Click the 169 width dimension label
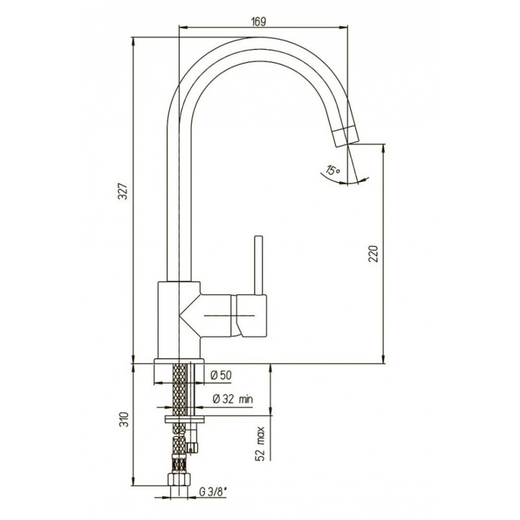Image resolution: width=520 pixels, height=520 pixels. tap(259, 21)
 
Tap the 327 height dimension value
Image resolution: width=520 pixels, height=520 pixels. tap(123, 191)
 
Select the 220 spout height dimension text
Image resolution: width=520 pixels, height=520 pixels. tap(373, 253)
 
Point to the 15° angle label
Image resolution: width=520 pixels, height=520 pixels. tap(333, 170)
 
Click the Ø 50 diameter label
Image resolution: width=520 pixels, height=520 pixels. tap(221, 375)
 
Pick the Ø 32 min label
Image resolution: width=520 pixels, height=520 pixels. tap(233, 399)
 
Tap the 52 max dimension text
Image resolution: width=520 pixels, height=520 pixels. tap(261, 444)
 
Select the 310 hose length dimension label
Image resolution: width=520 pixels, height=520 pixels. tap(123, 420)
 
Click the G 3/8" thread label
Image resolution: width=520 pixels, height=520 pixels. tap(213, 492)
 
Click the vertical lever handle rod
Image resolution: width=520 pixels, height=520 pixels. tap(258, 265)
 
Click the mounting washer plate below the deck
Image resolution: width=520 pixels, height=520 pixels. tap(185, 419)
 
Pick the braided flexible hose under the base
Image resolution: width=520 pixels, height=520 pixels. tap(179, 418)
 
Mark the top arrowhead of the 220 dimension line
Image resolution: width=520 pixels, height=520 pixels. tap(383, 148)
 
